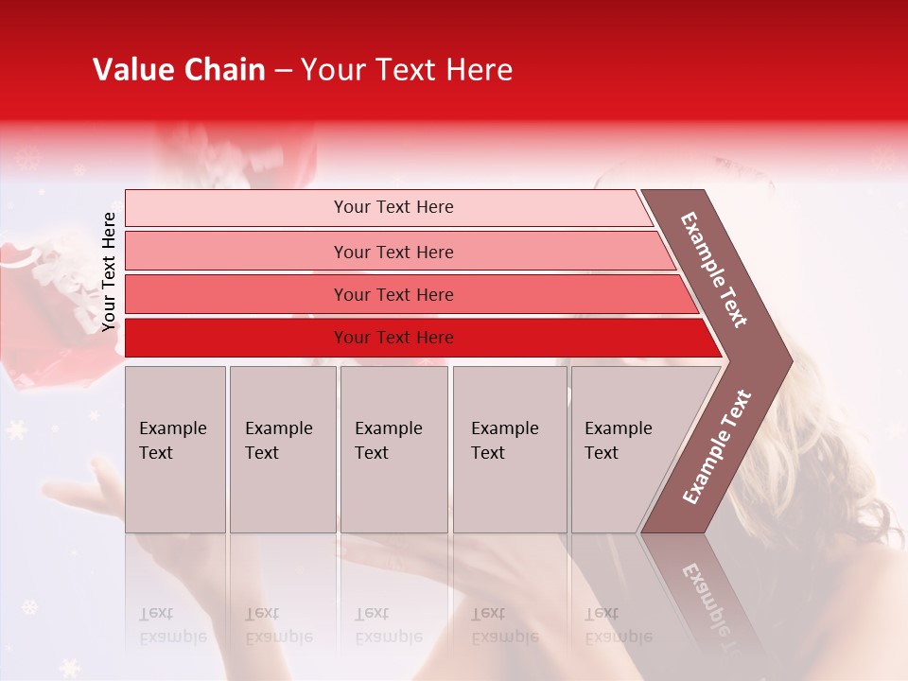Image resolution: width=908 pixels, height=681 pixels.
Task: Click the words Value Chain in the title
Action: coord(179,70)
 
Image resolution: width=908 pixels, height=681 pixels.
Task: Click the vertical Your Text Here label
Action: coord(109,271)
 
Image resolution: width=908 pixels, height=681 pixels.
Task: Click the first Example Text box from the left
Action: coord(175,449)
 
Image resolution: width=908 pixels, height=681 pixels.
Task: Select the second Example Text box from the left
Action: coord(282,449)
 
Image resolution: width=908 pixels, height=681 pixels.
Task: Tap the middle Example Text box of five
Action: coord(393,449)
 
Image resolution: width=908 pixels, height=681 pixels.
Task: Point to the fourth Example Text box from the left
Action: coord(510,449)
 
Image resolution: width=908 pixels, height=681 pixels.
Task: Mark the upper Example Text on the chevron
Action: coord(714,269)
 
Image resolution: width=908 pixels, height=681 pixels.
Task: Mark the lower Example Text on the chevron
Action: coord(717,446)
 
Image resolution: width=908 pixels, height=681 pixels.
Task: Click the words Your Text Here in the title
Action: coord(407,70)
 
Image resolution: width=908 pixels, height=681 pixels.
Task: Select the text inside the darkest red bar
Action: coord(393,338)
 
